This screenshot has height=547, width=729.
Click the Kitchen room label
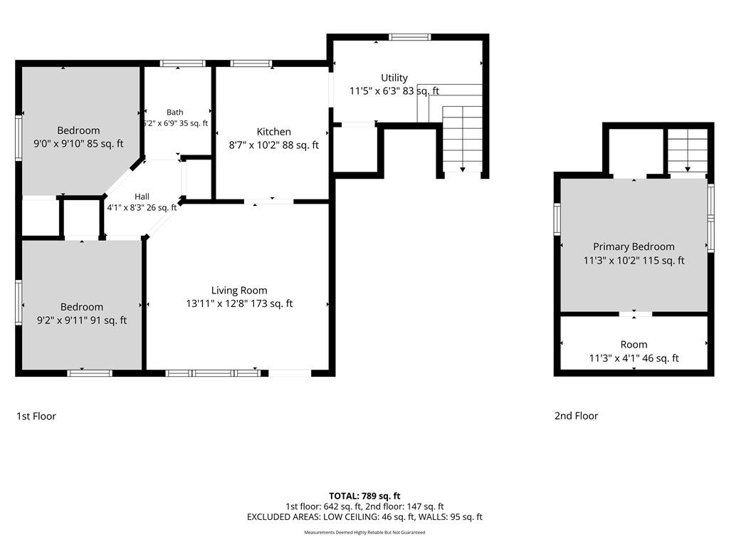coord(274,132)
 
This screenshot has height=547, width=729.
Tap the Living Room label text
coord(239,291)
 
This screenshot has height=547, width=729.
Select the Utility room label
coord(394,78)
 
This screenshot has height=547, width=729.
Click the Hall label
coord(142,197)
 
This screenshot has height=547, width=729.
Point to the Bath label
coord(175,112)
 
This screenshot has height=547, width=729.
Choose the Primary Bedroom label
coord(634,246)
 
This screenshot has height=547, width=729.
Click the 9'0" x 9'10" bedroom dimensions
coord(78,144)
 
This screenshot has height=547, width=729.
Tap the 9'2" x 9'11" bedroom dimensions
coord(82,320)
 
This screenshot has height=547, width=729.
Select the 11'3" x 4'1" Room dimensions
coord(634,358)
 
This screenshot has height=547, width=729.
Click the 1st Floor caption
coord(36,416)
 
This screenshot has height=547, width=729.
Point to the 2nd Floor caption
coord(576,416)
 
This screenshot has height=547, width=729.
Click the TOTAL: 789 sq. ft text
coord(364,496)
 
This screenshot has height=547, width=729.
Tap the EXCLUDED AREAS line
coord(364,517)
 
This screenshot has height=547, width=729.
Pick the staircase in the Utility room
coord(462,139)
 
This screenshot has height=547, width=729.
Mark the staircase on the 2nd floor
coord(688,151)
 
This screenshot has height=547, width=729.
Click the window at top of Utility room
coord(409,37)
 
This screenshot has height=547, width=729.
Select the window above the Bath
coord(183,63)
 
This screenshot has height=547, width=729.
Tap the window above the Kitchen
coord(251,63)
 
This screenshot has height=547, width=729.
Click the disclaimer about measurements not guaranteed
coord(364,533)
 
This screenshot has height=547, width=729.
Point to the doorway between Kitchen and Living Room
coord(268,202)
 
